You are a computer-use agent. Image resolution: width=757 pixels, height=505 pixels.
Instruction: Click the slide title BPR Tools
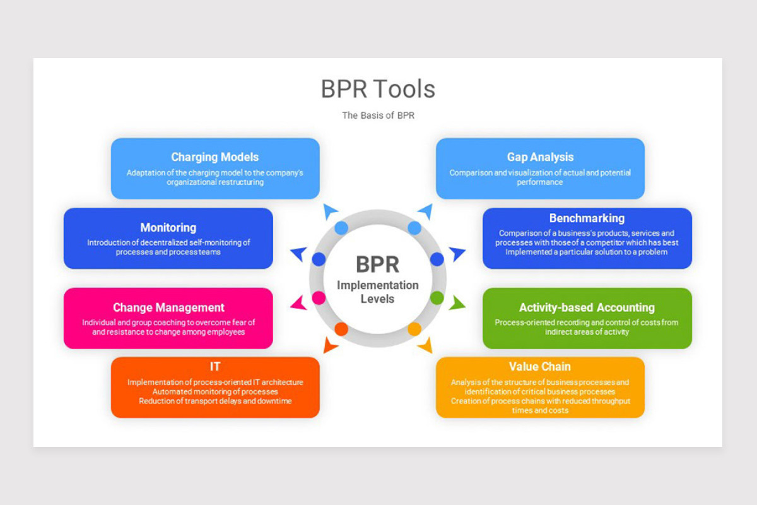click(x=378, y=89)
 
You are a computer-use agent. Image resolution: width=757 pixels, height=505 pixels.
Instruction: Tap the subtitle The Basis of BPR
click(x=378, y=116)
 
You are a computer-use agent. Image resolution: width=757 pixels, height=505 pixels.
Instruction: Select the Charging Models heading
click(x=214, y=157)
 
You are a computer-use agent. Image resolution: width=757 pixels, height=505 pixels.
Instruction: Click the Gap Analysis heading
click(x=540, y=157)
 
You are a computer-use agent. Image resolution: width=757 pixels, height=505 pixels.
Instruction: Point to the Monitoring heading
click(x=168, y=227)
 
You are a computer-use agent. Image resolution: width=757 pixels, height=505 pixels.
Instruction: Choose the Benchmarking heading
click(x=587, y=218)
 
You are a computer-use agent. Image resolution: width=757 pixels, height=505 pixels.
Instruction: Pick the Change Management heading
click(x=168, y=307)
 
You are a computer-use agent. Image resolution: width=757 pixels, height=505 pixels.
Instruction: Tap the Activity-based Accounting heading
click(x=587, y=307)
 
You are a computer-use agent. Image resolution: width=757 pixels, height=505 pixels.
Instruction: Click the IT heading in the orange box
click(x=215, y=366)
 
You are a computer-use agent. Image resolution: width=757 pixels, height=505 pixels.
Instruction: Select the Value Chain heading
click(x=540, y=366)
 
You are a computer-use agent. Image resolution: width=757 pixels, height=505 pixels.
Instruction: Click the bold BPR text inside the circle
click(x=377, y=264)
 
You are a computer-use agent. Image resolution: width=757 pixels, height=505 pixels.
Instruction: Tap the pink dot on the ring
click(x=319, y=297)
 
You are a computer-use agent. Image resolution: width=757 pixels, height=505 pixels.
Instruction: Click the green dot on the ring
click(x=437, y=297)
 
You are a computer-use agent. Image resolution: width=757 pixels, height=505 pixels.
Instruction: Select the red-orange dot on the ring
click(x=341, y=329)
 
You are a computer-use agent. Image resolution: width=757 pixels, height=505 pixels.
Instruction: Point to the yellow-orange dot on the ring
click(x=414, y=329)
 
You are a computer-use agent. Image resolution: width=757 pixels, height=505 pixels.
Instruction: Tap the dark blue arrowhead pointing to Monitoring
click(x=298, y=254)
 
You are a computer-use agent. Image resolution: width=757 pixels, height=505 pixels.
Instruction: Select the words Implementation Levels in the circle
click(x=377, y=292)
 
